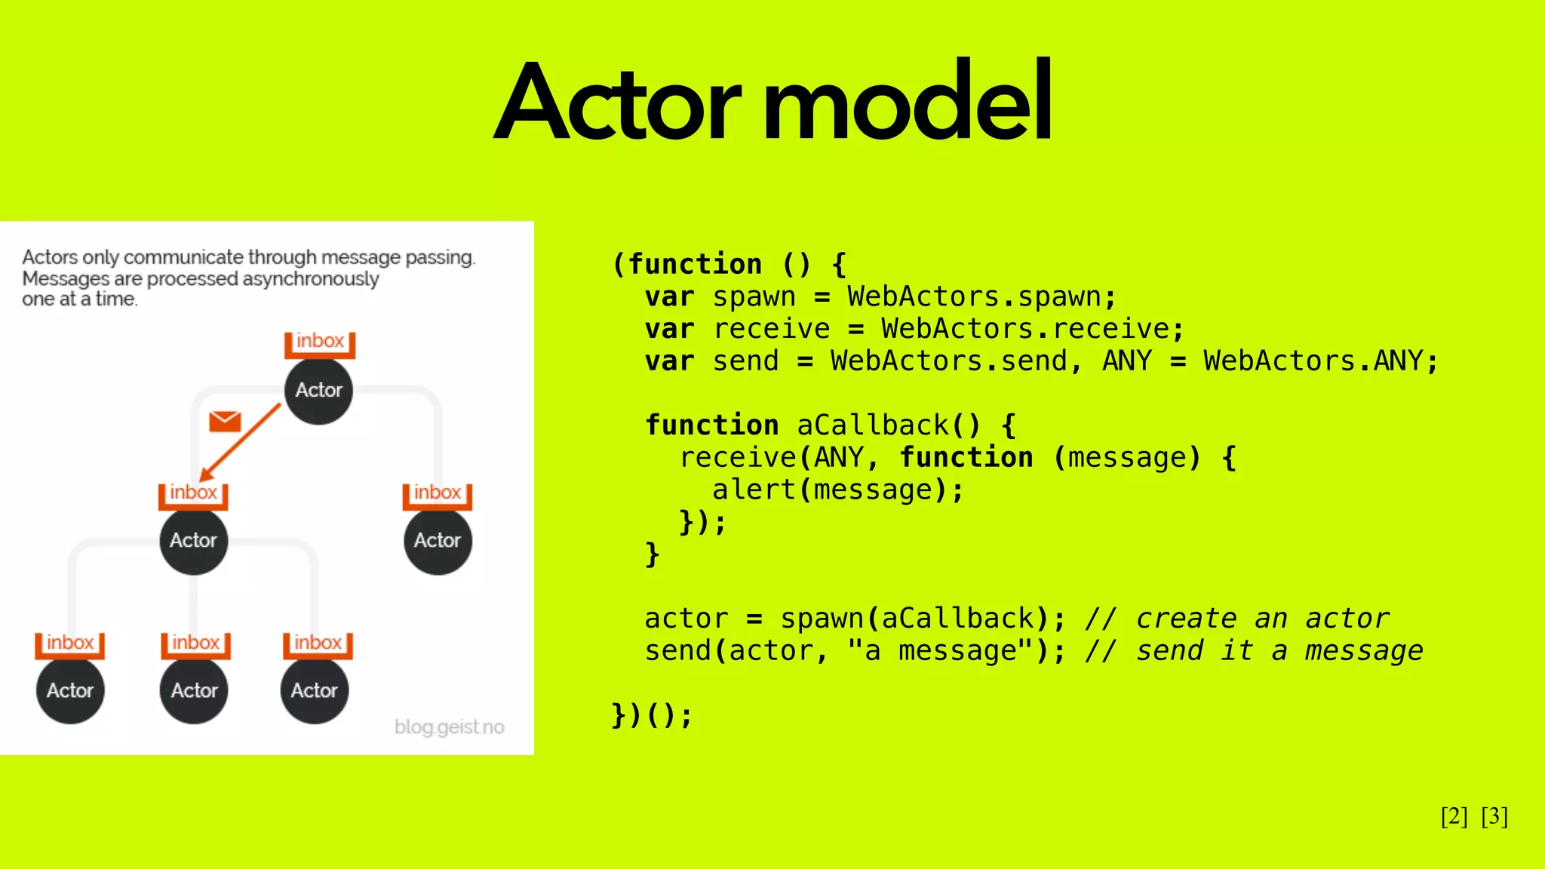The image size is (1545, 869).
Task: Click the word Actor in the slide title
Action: click(619, 102)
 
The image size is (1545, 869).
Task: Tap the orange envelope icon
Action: click(225, 421)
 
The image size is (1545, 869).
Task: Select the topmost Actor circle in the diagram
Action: click(318, 391)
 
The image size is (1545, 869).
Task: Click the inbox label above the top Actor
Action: click(320, 341)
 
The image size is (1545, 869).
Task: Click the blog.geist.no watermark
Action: click(449, 727)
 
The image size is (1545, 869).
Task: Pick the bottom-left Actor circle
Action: click(70, 690)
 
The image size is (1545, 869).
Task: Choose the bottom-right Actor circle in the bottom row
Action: click(315, 690)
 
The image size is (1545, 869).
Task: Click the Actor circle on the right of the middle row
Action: click(438, 540)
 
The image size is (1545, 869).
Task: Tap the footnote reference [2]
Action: click(1454, 816)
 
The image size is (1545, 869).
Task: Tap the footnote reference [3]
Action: click(1494, 816)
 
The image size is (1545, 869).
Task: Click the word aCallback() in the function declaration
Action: click(889, 425)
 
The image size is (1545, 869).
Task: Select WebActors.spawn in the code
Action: click(974, 297)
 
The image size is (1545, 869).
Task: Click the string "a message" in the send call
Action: click(941, 651)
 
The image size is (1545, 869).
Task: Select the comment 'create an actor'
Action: click(1262, 619)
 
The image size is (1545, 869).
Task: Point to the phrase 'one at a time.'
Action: click(79, 299)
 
